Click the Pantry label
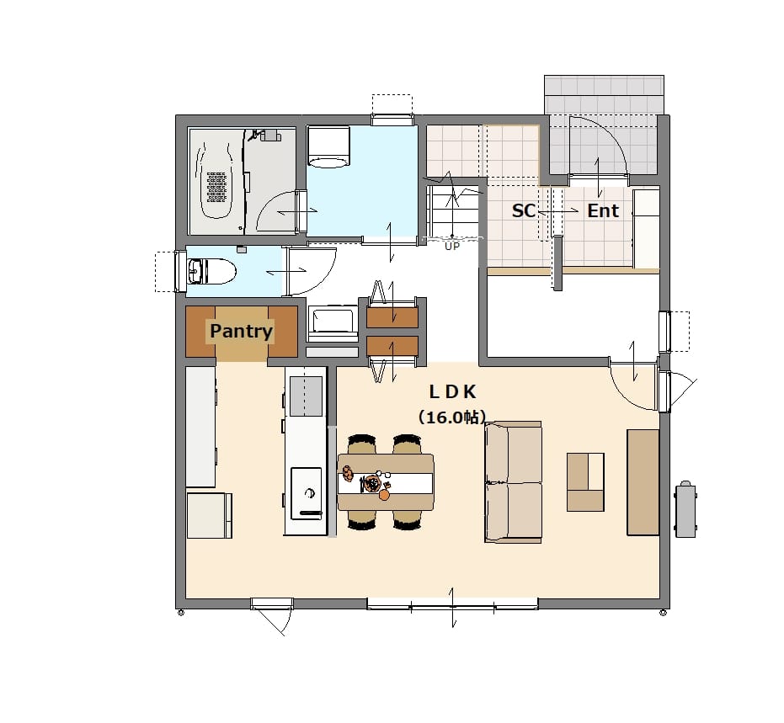241,331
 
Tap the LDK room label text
452,392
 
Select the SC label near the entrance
524,211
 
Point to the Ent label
603,211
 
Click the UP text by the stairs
452,247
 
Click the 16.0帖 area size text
452,417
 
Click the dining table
386,481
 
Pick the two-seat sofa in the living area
514,481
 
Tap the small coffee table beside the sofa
585,481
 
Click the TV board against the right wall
643,482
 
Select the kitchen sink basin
306,396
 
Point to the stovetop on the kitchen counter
306,493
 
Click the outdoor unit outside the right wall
685,509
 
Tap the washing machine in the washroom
328,146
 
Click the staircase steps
453,210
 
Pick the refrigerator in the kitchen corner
209,515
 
